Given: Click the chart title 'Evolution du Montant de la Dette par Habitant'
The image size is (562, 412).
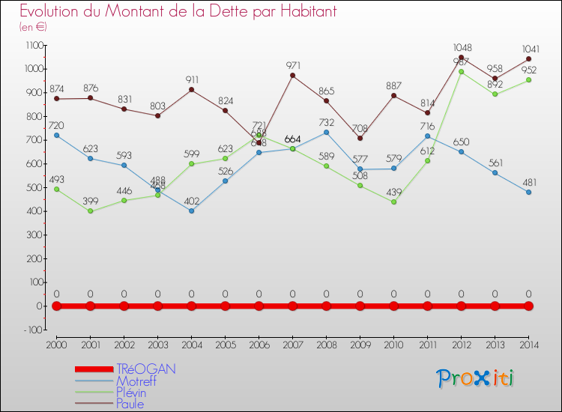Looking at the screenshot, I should pos(178,12).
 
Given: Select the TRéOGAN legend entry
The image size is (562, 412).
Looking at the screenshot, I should pos(146,369).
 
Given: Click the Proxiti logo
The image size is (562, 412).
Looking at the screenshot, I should pos(477,378).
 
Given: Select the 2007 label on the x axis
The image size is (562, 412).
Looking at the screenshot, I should pos(293,345).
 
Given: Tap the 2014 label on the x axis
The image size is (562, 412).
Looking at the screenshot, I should pos(528,345).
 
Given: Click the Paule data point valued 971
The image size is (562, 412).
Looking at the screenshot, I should pos(293,76).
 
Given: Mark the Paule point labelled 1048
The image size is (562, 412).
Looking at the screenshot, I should pos(462,58).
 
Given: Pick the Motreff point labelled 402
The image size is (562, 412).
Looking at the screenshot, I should pos(192,210).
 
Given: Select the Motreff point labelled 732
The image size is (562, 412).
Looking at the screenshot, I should pos(327,133).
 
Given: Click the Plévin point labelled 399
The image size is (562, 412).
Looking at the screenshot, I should pos(91,211).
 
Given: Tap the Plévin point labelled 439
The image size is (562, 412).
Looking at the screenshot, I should pos(394,202).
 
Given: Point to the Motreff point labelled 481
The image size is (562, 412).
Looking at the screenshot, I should pos(529,192).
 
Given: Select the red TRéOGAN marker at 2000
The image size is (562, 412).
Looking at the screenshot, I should pos(57,306).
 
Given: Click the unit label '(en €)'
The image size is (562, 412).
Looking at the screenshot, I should pos(34,27).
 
